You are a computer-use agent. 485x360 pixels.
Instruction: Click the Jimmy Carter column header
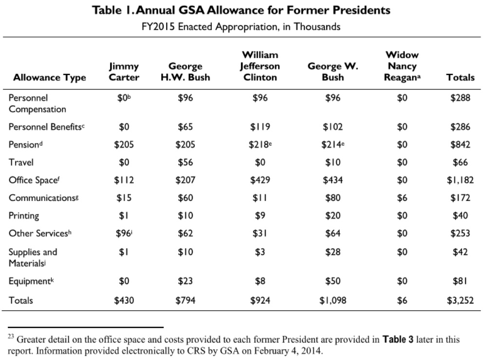tap(124, 72)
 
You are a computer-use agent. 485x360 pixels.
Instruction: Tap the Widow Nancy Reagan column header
tap(402, 66)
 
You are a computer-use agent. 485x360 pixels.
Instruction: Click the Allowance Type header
tap(50, 77)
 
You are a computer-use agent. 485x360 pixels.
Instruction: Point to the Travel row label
tap(21, 162)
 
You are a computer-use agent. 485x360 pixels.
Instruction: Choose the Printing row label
tap(24, 216)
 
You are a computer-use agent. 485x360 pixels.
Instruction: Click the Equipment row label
tap(29, 281)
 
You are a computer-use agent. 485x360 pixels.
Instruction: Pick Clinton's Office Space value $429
tap(261, 180)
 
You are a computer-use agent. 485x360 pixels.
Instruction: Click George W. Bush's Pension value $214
tap(331, 144)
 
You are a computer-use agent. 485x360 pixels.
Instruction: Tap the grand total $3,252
tap(460, 300)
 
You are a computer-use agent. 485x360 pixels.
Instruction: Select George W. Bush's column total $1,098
tap(333, 300)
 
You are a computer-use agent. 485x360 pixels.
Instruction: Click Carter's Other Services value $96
tap(123, 233)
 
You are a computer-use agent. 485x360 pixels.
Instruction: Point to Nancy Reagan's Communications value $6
tap(402, 198)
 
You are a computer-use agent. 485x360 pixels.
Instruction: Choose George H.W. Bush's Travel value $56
tap(185, 162)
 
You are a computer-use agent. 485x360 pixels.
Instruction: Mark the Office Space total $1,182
tap(460, 180)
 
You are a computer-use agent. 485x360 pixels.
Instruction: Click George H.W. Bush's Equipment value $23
tap(185, 281)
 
